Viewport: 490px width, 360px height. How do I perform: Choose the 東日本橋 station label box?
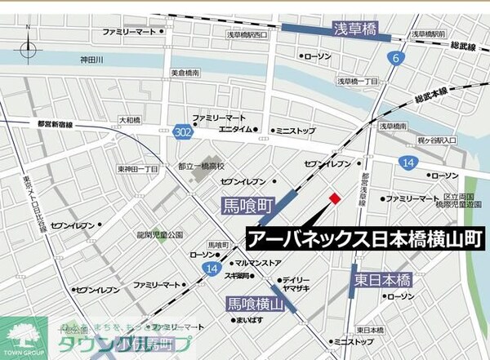point(382,279)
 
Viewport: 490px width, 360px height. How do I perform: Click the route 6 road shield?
point(396,58)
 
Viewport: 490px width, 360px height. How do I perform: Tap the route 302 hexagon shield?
point(183,131)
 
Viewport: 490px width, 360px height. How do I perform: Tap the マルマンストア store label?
point(257,263)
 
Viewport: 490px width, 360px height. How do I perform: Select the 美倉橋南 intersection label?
point(186,73)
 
